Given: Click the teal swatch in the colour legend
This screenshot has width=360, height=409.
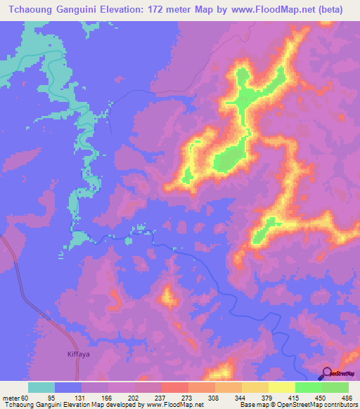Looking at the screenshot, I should tap(41, 387).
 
